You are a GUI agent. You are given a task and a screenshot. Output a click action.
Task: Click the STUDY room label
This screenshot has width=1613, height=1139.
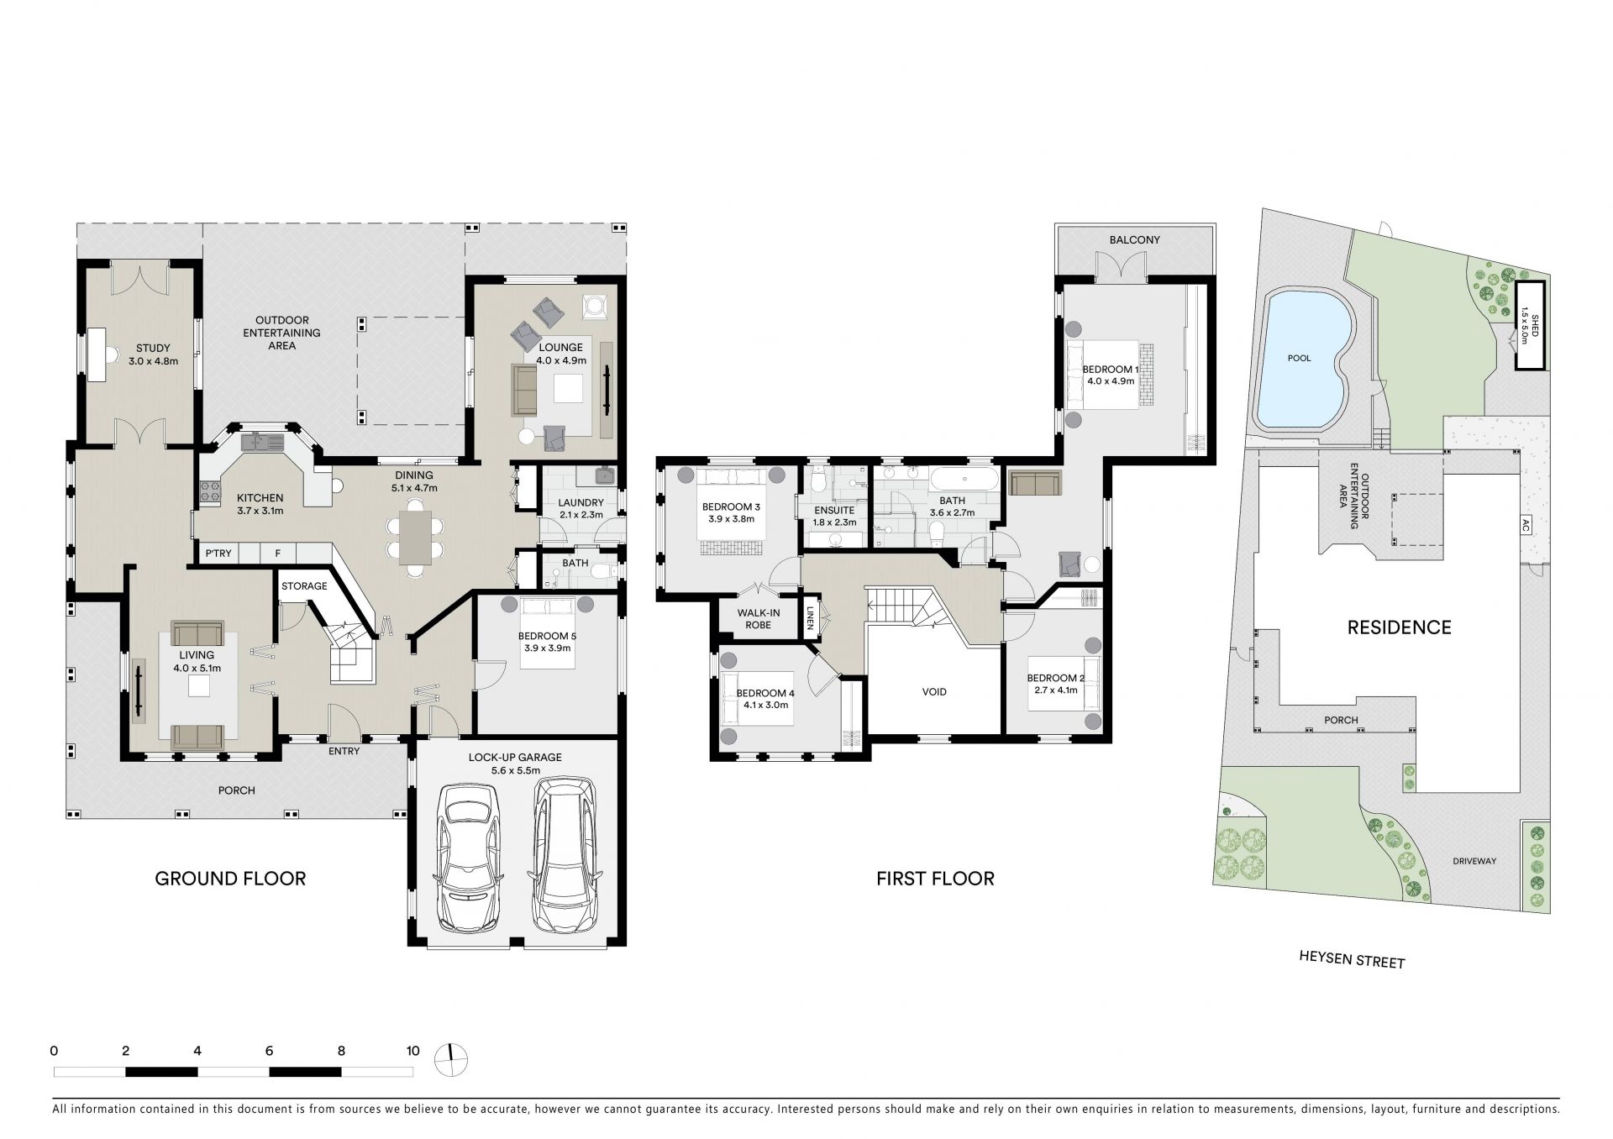(153, 348)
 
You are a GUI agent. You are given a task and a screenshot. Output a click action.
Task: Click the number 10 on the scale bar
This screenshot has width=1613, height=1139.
(412, 1050)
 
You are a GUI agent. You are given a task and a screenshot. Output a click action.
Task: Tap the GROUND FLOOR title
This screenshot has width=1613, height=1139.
(230, 879)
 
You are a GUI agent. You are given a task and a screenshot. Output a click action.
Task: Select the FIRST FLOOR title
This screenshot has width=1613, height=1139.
(935, 879)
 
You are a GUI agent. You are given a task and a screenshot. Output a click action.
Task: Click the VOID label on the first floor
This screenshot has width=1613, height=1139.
(934, 692)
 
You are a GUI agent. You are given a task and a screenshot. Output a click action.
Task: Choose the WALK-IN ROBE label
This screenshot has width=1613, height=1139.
(759, 619)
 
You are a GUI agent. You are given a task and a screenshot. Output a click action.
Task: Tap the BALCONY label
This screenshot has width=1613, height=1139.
(1134, 240)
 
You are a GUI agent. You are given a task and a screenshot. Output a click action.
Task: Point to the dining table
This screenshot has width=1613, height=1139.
(415, 538)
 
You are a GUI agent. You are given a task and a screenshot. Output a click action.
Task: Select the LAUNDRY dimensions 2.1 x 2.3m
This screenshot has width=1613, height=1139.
(581, 515)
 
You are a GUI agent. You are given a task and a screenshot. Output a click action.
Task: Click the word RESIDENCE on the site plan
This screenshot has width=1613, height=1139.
(1400, 627)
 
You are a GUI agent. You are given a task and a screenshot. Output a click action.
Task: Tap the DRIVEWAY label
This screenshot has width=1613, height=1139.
(1475, 861)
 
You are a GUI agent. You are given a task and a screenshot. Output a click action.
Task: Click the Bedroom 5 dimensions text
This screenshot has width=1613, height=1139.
(548, 648)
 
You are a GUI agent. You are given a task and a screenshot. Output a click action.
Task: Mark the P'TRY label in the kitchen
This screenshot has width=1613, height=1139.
(218, 553)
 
